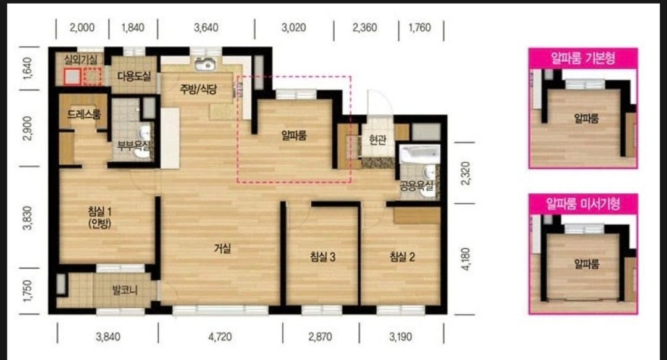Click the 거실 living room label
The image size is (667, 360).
pyautogui.click(x=222, y=248)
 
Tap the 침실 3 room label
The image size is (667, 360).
pyautogui.click(x=323, y=257)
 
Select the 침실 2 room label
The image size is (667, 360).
pyautogui.click(x=403, y=257)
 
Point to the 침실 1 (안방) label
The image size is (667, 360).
pyautogui.click(x=99, y=217)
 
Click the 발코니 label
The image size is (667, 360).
pyautogui.click(x=125, y=291)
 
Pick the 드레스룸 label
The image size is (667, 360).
pyautogui.click(x=84, y=114)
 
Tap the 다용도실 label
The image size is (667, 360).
pyautogui.click(x=134, y=77)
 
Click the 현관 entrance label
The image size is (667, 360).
pyautogui.click(x=377, y=139)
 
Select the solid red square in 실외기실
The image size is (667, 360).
pyautogui.click(x=73, y=77)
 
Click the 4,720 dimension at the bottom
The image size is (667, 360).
pyautogui.click(x=220, y=337)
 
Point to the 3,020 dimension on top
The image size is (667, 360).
pyautogui.click(x=293, y=28)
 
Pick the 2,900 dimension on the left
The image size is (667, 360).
pyautogui.click(x=28, y=128)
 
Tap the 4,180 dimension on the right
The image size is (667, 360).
pyautogui.click(x=466, y=259)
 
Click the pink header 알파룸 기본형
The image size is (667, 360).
pyautogui.click(x=583, y=58)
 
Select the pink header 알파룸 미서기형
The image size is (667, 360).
pyautogui.click(x=583, y=204)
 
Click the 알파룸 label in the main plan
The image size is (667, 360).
pyautogui.click(x=294, y=136)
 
